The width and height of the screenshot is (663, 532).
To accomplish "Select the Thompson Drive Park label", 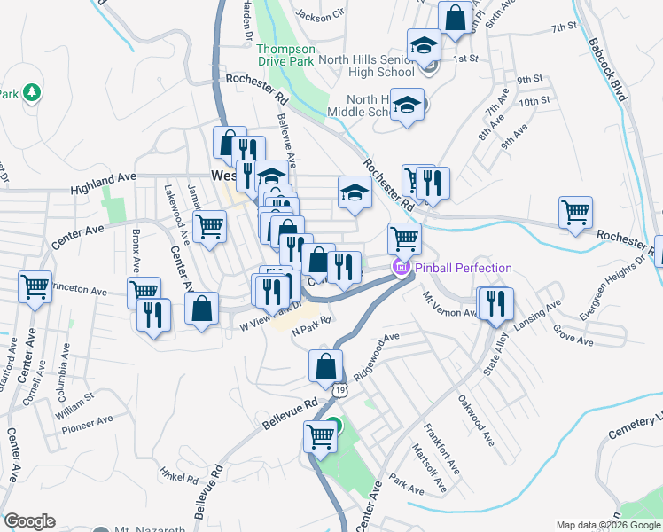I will pyautogui.click(x=286, y=56).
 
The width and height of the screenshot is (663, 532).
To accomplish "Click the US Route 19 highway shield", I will pyautogui.click(x=339, y=388).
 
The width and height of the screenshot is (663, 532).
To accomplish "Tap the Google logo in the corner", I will pyautogui.click(x=29, y=521).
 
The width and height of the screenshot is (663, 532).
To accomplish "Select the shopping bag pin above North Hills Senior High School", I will pyautogui.click(x=455, y=18).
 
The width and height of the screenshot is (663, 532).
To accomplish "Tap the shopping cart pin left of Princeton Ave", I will pyautogui.click(x=35, y=286).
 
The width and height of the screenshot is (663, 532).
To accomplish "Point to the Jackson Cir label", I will pyautogui.click(x=320, y=15).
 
